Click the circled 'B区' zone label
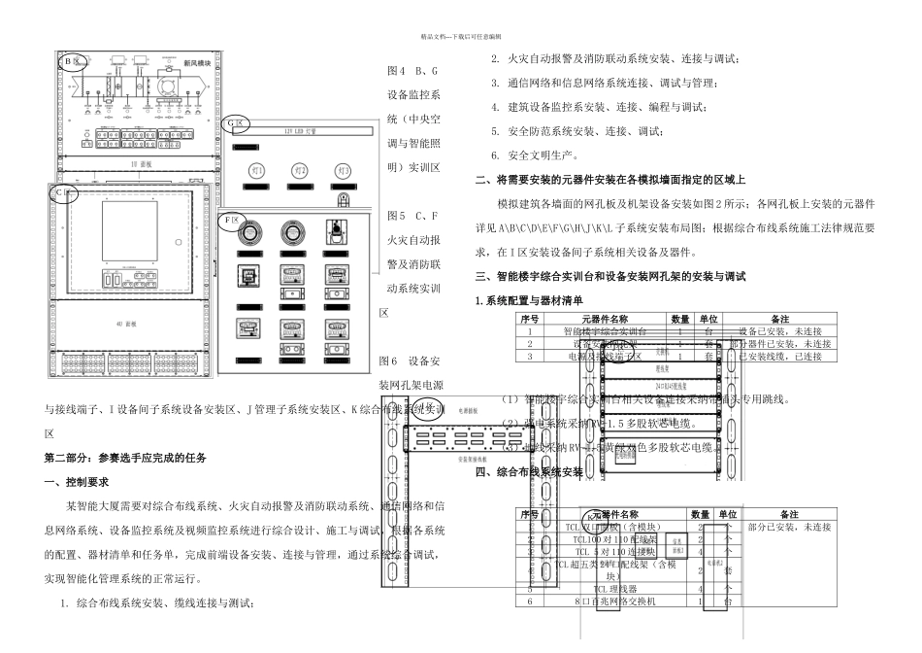[70, 62]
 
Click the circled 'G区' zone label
[235, 123]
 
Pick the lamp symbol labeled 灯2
[301, 171]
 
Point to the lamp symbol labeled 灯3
[344, 171]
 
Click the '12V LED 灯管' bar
[301, 128]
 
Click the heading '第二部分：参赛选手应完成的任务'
[126, 457]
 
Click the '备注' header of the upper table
[780, 319]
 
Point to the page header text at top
[460, 35]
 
